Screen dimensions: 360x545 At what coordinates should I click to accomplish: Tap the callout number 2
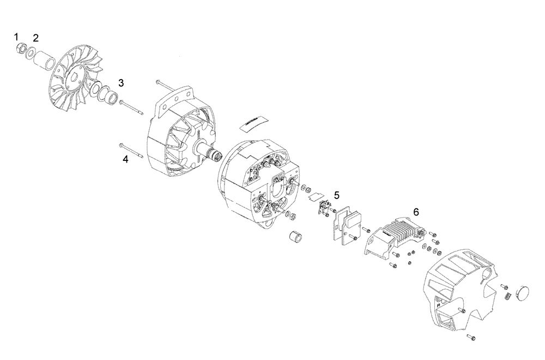tap(36, 38)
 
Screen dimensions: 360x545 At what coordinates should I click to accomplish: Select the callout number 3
tap(121, 83)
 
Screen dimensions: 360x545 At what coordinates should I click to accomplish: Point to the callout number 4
tap(125, 159)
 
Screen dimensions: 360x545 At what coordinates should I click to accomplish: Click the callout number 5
tap(337, 195)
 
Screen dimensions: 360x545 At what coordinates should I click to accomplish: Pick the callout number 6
tap(416, 211)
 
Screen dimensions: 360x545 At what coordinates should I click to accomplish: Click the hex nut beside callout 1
tap(21, 49)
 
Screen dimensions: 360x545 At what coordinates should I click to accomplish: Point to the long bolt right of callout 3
tap(133, 107)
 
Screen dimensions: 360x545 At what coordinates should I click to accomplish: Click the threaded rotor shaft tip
tap(216, 157)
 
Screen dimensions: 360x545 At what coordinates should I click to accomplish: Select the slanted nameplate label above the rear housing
tap(252, 123)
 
